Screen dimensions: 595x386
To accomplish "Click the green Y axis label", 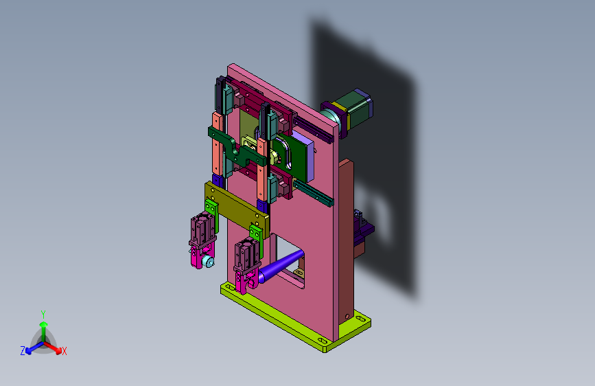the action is (x=43, y=315).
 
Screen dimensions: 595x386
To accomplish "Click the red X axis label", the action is (x=64, y=351).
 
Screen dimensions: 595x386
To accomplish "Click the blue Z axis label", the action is (x=23, y=351).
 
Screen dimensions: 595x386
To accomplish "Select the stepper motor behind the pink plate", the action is (x=347, y=112).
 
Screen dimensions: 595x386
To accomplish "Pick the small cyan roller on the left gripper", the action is (x=207, y=261).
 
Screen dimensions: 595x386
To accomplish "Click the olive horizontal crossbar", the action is (x=237, y=208).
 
